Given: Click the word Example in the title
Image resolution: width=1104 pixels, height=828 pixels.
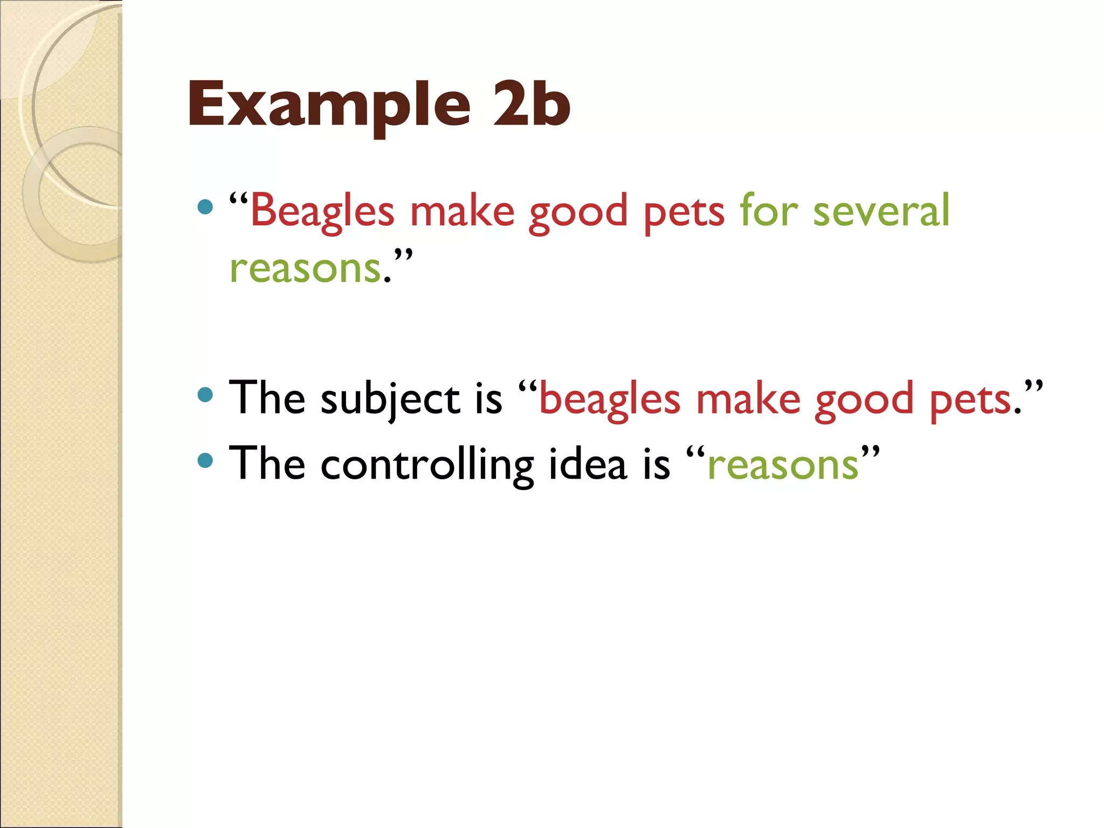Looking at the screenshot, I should (x=329, y=104).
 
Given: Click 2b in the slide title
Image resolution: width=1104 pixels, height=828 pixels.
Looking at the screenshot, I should (x=531, y=104).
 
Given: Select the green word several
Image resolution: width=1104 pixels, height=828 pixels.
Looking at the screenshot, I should (x=881, y=211).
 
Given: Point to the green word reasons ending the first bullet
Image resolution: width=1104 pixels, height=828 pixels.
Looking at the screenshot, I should (x=305, y=268).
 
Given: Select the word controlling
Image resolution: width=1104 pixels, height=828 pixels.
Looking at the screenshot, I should (x=427, y=465).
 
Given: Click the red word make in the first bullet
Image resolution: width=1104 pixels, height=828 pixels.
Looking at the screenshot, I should (x=462, y=211).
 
